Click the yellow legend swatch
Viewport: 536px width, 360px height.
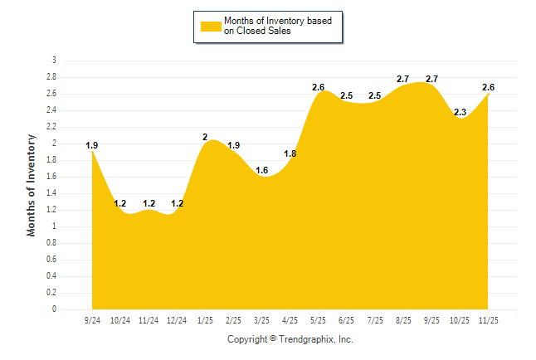tap(210, 26)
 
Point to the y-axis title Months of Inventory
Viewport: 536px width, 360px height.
tap(32, 184)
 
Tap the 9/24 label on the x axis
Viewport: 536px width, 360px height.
tap(92, 319)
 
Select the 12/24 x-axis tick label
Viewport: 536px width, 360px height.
tap(177, 319)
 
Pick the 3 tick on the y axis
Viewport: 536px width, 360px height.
tap(54, 61)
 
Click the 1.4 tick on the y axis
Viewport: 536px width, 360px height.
tap(51, 193)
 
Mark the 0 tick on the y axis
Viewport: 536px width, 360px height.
tap(54, 309)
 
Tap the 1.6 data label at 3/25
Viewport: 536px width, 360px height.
tap(261, 170)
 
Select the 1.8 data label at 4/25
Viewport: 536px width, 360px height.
tap(290, 153)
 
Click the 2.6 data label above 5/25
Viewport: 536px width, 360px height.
tap(319, 88)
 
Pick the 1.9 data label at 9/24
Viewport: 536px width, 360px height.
tap(92, 146)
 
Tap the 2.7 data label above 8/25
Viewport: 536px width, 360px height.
tap(403, 79)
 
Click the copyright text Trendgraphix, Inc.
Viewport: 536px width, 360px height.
tap(290, 339)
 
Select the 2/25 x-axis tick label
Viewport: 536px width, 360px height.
tap(233, 319)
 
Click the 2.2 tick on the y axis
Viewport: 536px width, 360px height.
tap(51, 127)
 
